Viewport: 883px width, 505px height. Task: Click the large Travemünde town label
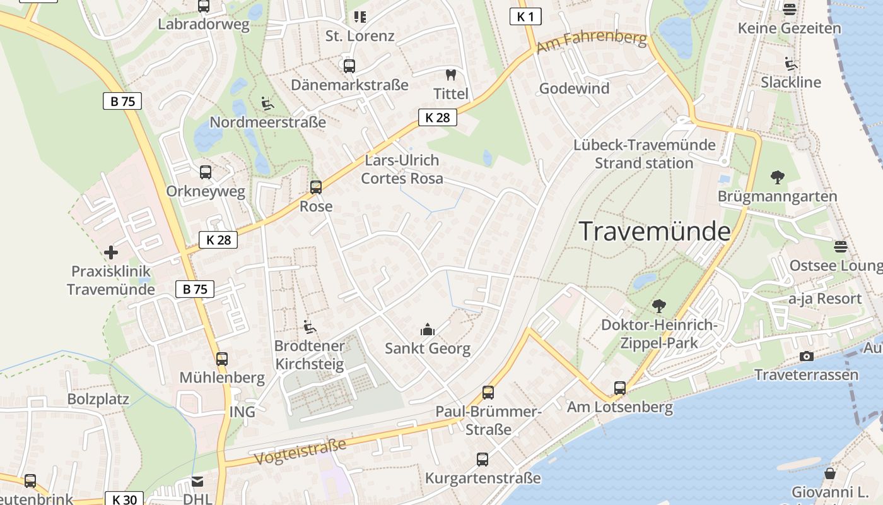point(655,231)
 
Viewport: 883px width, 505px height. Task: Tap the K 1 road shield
point(525,16)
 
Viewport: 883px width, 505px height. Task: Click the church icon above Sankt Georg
point(428,330)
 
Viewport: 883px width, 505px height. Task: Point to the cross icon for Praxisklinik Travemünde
point(111,252)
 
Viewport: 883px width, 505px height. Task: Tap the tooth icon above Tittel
point(450,74)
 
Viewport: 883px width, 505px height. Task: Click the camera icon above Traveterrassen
point(806,357)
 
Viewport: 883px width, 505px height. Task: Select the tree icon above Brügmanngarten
point(777,177)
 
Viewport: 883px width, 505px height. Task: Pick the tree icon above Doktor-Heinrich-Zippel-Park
point(659,306)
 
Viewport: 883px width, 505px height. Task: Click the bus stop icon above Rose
point(316,187)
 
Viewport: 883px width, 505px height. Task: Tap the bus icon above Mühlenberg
point(221,359)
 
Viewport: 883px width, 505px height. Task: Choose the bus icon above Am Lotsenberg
point(620,388)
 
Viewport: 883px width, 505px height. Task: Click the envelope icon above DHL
point(197,482)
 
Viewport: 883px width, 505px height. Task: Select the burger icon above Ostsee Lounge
point(839,246)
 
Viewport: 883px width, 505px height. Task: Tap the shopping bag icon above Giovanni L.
point(830,473)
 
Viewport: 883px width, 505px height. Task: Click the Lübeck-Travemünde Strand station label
point(644,154)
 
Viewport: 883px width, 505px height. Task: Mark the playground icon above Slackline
point(790,63)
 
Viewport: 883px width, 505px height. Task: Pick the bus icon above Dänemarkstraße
point(349,66)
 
